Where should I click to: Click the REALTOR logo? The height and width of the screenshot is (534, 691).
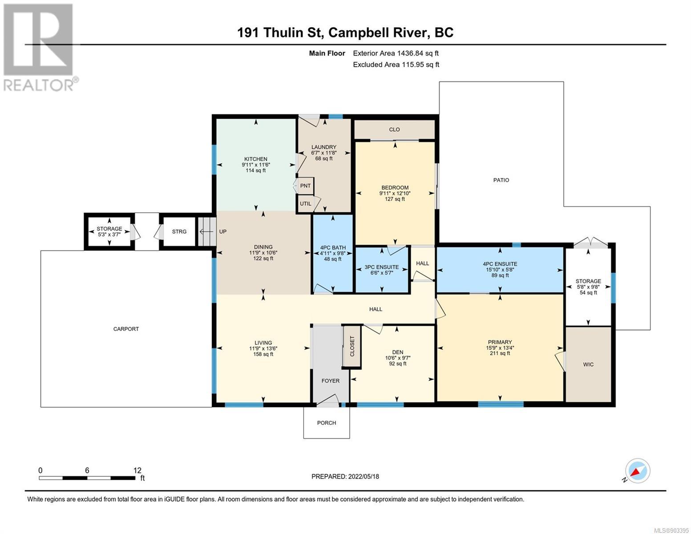[x=40, y=48]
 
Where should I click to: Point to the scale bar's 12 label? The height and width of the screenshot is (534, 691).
[x=137, y=470]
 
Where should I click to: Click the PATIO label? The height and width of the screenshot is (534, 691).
[x=501, y=180]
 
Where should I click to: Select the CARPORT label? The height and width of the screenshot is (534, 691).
[x=126, y=329]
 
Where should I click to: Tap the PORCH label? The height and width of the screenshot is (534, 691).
[x=327, y=423]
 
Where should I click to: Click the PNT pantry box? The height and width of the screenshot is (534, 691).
[x=305, y=186]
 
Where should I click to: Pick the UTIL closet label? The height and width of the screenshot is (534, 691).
[x=306, y=203]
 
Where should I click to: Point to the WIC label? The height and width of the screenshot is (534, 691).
[x=588, y=364]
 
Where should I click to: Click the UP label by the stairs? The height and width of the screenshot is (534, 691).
[x=223, y=231]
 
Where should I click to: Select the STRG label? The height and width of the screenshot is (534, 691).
[x=179, y=231]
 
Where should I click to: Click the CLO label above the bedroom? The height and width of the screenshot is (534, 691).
[x=394, y=129]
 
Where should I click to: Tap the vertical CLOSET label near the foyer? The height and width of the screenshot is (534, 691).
[x=352, y=346]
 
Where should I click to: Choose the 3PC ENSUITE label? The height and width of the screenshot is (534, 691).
[x=382, y=267]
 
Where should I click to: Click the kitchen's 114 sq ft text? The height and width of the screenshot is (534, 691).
[x=256, y=170]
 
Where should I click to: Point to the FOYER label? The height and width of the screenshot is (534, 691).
[x=331, y=381]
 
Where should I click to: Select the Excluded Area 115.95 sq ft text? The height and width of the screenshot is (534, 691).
[x=396, y=65]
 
